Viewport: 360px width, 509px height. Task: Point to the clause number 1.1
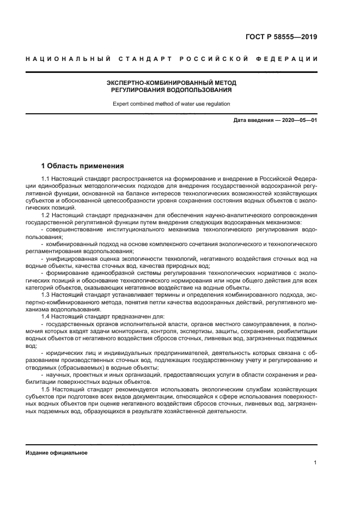click(46, 179)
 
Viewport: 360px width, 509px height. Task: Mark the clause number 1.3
click(46, 295)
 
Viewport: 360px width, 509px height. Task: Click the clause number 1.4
click(46, 316)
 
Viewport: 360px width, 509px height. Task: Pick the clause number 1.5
click(46, 390)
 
